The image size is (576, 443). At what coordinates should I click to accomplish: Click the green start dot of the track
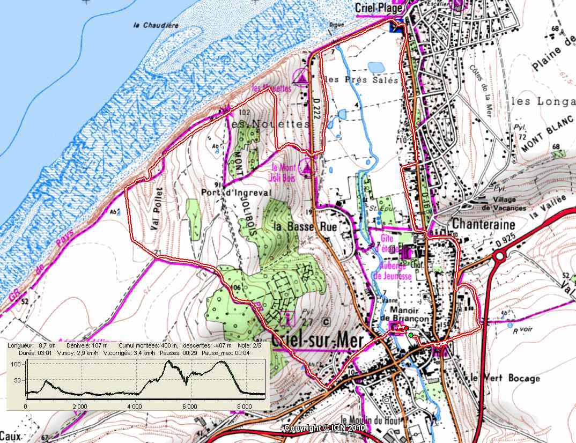coord(411,335)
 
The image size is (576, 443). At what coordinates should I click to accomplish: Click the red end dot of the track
coord(406,328)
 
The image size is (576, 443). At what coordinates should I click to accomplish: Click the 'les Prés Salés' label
coord(363,80)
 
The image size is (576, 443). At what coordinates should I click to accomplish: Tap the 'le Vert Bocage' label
coord(504,378)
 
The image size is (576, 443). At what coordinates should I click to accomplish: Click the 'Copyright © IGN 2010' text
coord(324,428)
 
